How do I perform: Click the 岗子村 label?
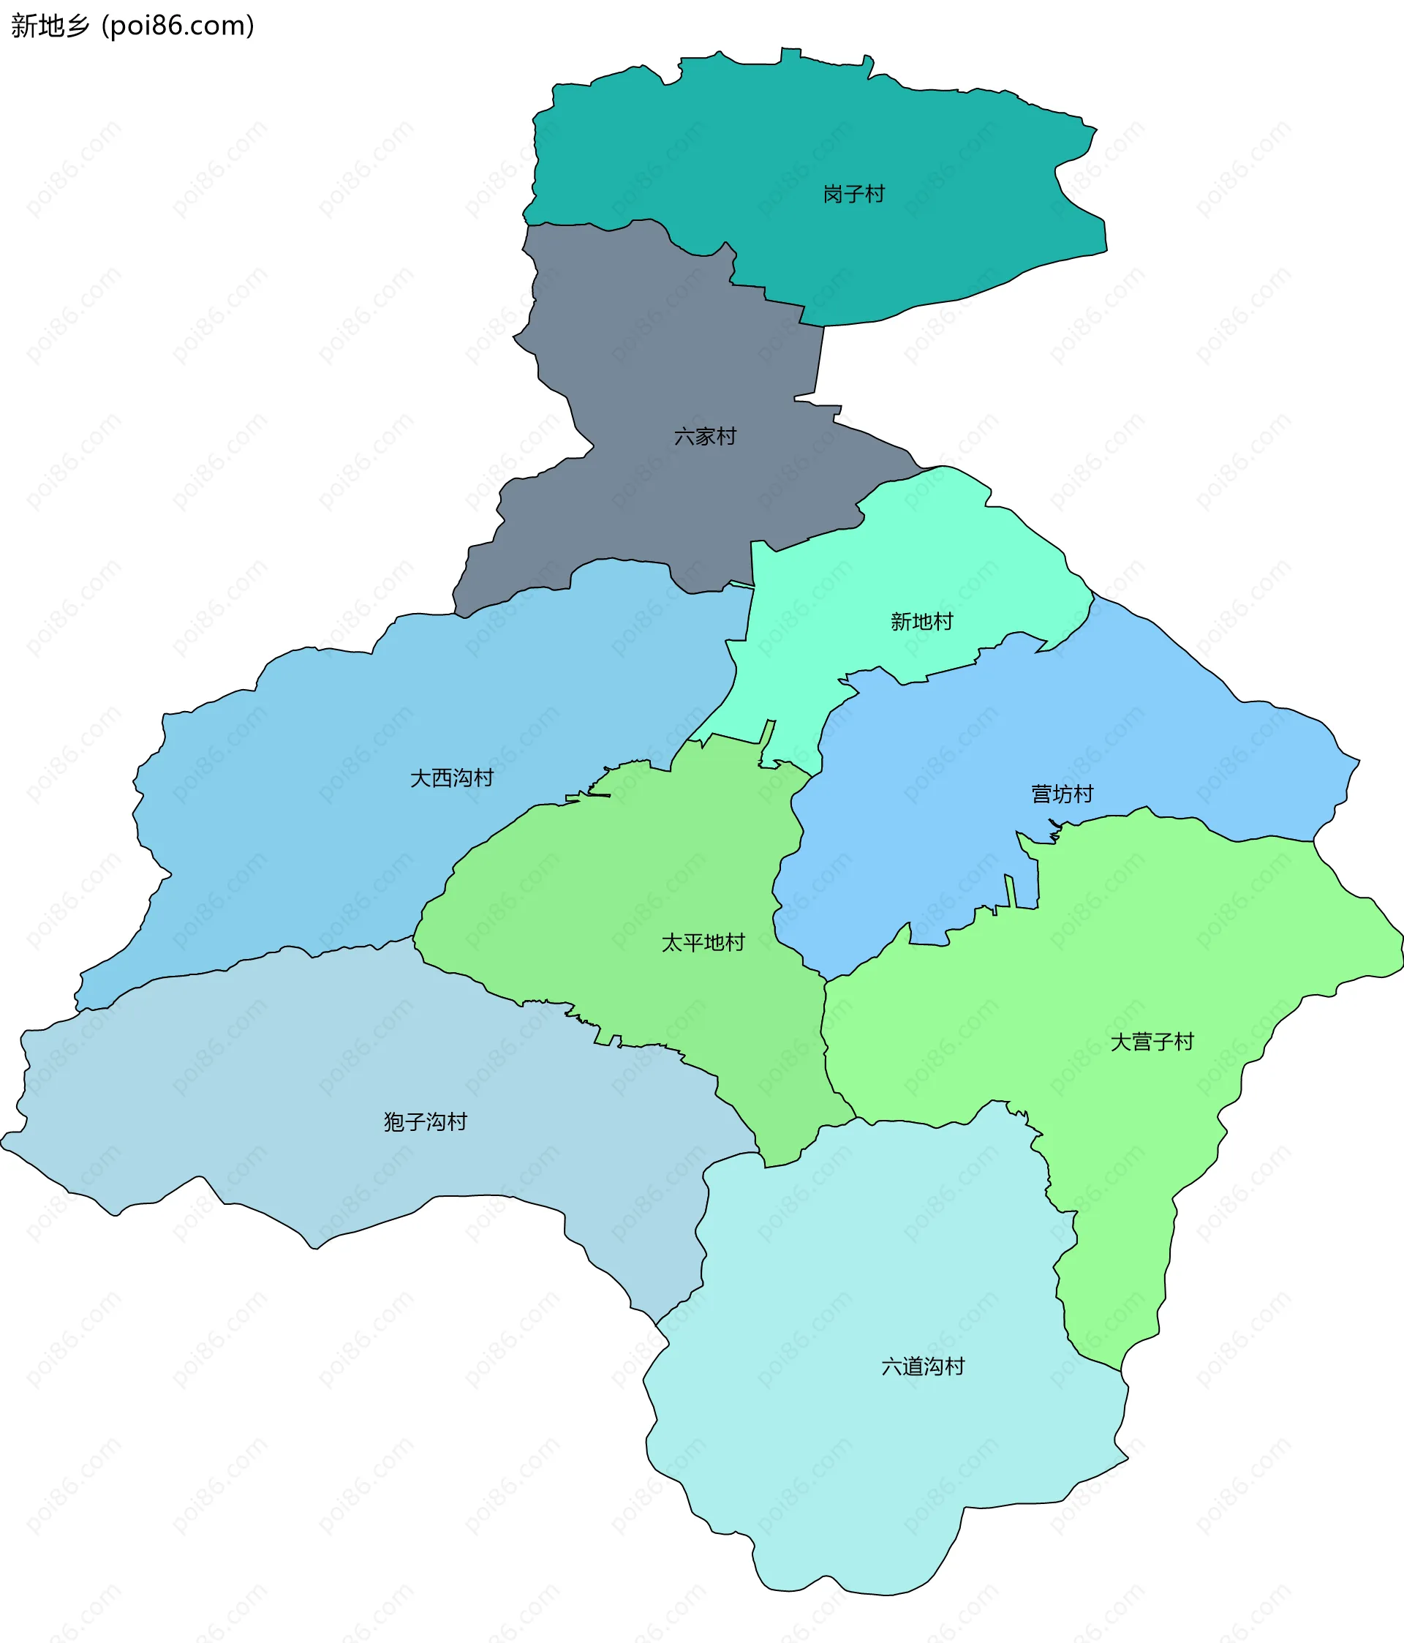pyautogui.click(x=853, y=195)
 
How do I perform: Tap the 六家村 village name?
pyautogui.click(x=705, y=436)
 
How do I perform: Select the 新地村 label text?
pyautogui.click(x=921, y=622)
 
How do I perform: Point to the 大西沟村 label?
pyautogui.click(x=451, y=778)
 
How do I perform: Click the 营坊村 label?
pyautogui.click(x=1062, y=794)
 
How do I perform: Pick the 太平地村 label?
pyautogui.click(x=703, y=942)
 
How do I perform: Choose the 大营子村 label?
pyautogui.click(x=1151, y=1041)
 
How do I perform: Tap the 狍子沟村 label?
pyautogui.click(x=425, y=1121)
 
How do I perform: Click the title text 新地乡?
pyautogui.click(x=50, y=26)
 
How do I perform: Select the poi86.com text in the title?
pyautogui.click(x=178, y=26)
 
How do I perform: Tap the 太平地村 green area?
pyautogui.click(x=634, y=888)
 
